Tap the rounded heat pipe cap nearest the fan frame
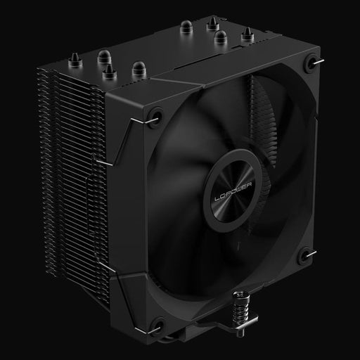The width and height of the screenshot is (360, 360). (137, 67)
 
